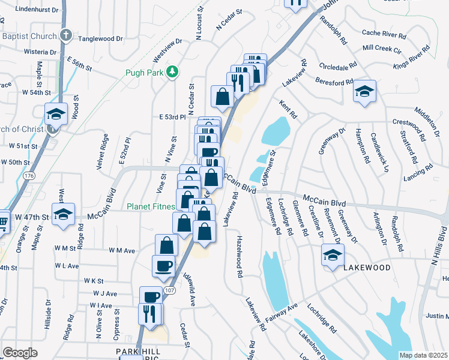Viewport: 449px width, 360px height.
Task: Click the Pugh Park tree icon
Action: click(x=173, y=72)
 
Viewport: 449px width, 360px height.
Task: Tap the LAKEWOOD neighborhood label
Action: click(x=367, y=268)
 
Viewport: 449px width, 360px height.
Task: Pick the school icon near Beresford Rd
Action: click(x=364, y=91)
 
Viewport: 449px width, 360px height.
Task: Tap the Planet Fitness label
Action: click(x=150, y=206)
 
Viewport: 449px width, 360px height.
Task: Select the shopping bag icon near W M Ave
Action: click(x=166, y=245)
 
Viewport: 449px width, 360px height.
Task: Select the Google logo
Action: click(x=20, y=353)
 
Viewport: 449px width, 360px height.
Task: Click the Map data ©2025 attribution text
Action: click(x=424, y=355)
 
